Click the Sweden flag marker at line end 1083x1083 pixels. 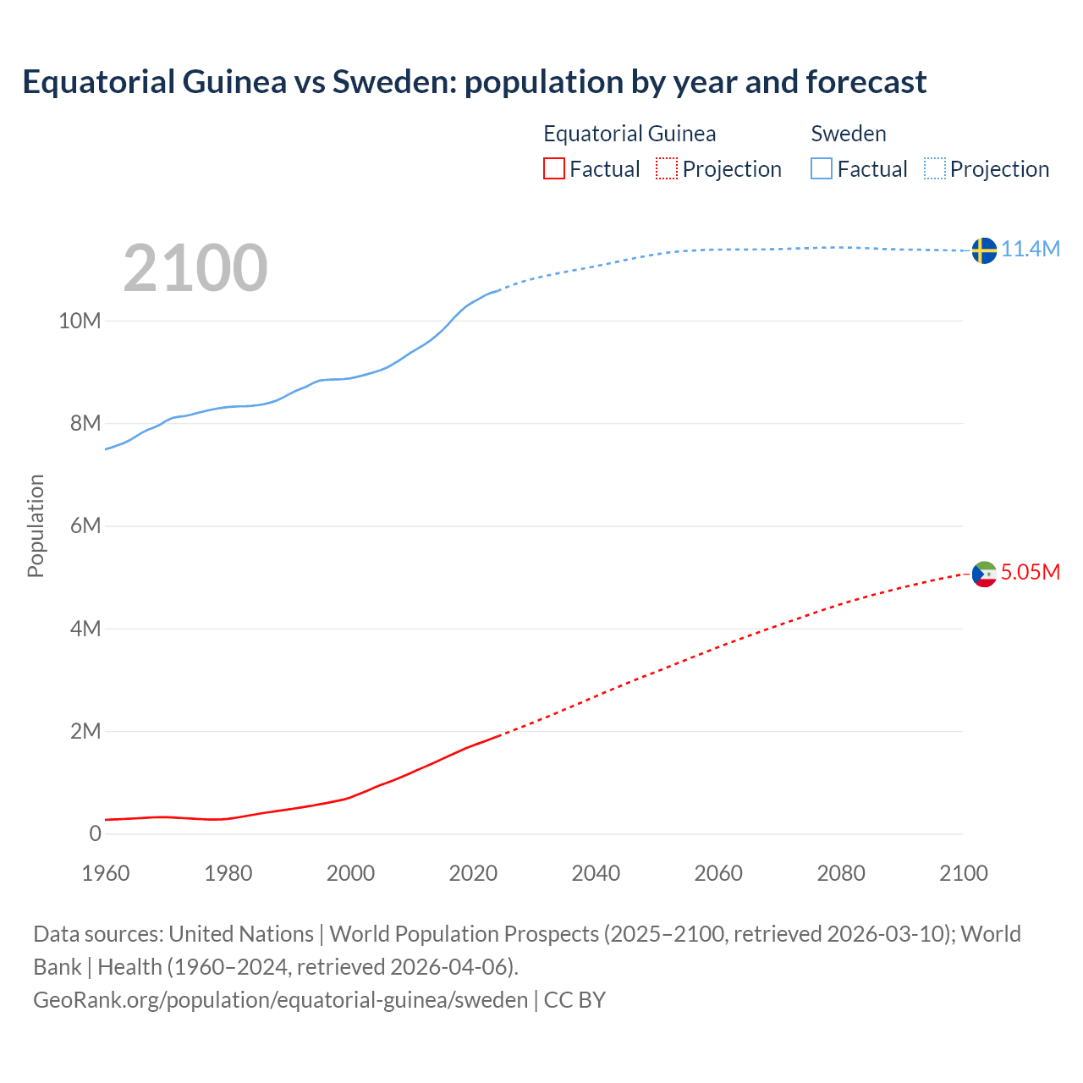tap(984, 250)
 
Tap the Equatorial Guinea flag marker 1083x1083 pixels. tap(984, 574)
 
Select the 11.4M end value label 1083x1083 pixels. tap(1031, 249)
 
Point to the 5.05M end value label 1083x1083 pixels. tap(1031, 572)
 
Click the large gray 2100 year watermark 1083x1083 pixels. tap(195, 268)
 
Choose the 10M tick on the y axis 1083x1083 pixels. tap(80, 321)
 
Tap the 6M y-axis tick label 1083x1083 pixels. tap(85, 525)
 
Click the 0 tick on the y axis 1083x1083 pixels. tap(95, 833)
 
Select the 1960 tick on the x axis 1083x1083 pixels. tap(106, 873)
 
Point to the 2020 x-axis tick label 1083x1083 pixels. tap(473, 873)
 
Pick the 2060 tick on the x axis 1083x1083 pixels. tap(718, 873)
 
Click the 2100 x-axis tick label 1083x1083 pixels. tap(963, 873)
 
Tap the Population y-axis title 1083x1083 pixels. tap(36, 525)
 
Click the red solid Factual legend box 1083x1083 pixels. tap(554, 168)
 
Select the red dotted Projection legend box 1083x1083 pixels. tap(667, 168)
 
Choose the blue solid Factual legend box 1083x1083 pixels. tap(822, 168)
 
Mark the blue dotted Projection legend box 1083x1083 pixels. tap(935, 168)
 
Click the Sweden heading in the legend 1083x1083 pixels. tap(849, 134)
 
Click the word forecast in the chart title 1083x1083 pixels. tap(866, 82)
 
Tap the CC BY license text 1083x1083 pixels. tap(574, 999)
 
